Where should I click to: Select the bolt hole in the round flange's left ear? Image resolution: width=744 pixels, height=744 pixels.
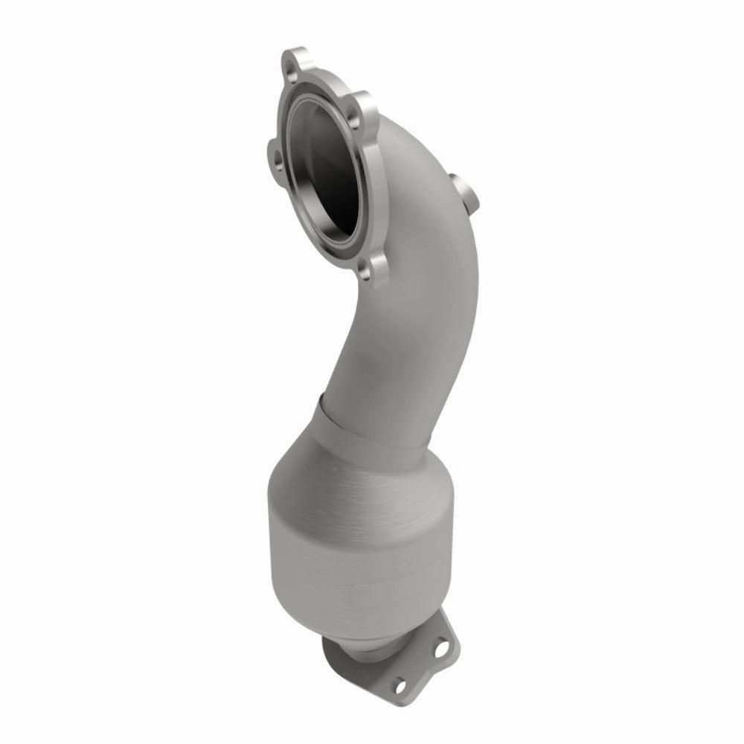278,158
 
